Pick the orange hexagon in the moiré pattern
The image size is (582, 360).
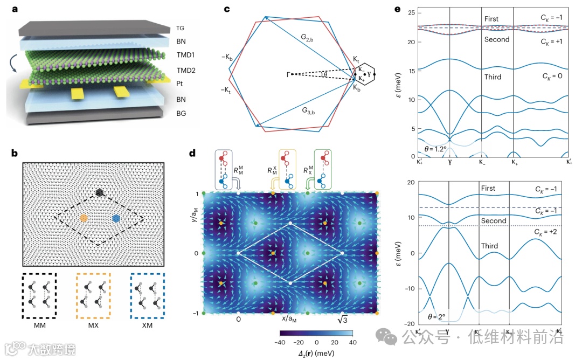click(84, 218)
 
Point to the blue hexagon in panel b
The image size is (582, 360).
click(116, 218)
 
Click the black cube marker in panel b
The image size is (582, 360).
click(99, 192)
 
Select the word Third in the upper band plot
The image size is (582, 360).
click(492, 77)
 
